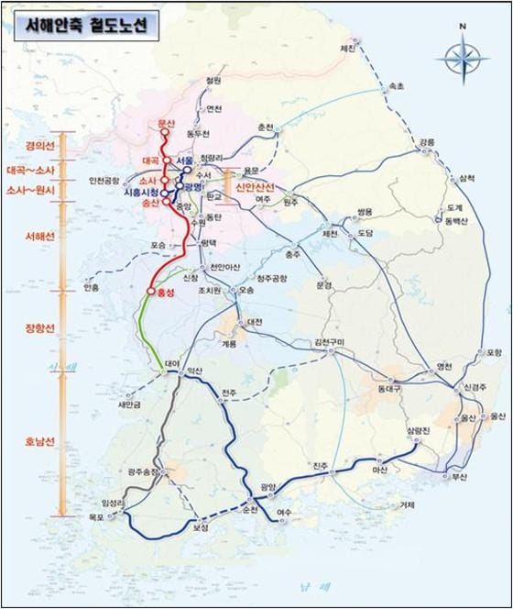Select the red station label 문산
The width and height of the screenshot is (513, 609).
[x=166, y=123]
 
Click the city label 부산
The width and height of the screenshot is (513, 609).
[x=460, y=477]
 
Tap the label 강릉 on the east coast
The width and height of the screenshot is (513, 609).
[x=428, y=143]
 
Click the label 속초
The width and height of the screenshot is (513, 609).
[x=396, y=85]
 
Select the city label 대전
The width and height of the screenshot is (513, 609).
[x=255, y=322]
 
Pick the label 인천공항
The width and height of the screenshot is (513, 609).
[x=105, y=180]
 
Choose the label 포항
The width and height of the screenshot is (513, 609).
[x=495, y=352]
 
